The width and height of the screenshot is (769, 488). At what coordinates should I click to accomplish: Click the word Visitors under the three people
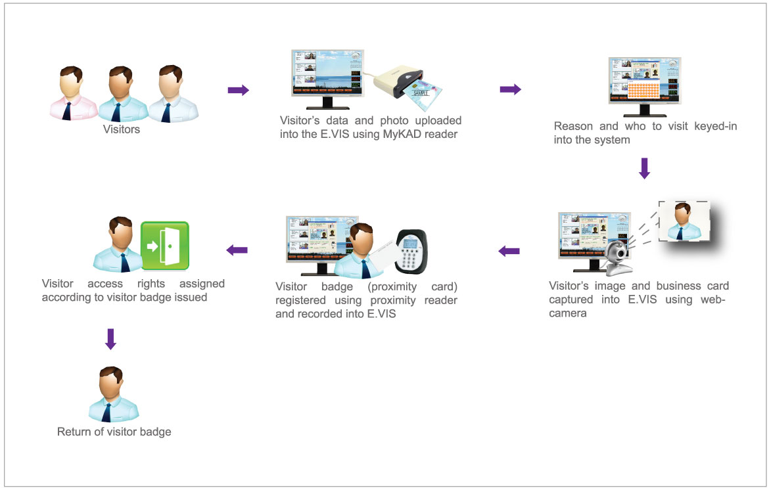(x=122, y=129)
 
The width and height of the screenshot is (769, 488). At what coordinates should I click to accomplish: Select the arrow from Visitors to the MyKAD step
(x=239, y=91)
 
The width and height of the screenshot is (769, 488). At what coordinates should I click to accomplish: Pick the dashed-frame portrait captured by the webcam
(x=684, y=222)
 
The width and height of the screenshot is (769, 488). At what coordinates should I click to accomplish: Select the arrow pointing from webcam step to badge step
(x=509, y=250)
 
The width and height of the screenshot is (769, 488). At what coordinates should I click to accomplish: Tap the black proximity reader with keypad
(x=411, y=250)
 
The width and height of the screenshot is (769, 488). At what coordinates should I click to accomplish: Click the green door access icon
(x=165, y=246)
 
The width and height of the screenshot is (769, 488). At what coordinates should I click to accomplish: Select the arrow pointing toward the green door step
(x=237, y=250)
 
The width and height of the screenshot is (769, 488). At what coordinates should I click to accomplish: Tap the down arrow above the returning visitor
(x=110, y=339)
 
